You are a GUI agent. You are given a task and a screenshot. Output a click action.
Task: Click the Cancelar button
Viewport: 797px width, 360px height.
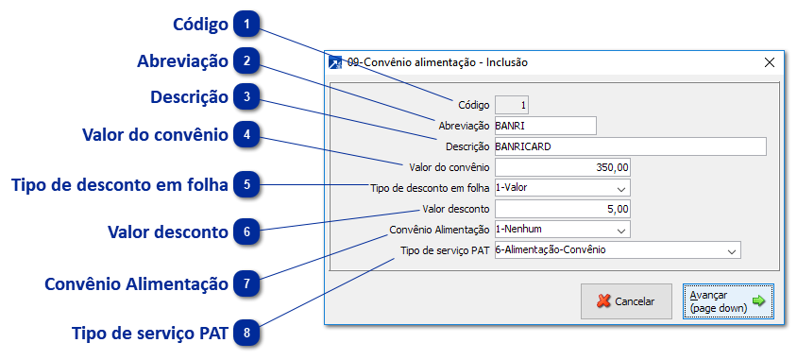coord(626,301)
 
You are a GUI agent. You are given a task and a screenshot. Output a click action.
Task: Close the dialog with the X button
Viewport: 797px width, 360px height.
coord(770,62)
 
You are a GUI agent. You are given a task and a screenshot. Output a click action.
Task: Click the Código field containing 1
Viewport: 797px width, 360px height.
coord(513,105)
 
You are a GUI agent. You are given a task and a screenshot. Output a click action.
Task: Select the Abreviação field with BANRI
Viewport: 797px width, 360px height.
coord(545,126)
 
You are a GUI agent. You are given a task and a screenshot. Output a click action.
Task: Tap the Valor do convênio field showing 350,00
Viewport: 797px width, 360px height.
coord(562,167)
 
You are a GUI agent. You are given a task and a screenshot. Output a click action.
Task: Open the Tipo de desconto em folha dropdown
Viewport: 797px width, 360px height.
coord(562,188)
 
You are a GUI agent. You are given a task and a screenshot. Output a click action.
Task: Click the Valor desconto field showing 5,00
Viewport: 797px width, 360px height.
coord(562,209)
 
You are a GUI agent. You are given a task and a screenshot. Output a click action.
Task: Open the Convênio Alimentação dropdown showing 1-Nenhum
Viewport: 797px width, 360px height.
coord(562,230)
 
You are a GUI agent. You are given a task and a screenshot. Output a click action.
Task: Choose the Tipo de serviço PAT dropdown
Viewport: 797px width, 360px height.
coord(617,250)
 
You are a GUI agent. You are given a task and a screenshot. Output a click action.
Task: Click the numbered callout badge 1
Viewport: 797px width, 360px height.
coord(246,23)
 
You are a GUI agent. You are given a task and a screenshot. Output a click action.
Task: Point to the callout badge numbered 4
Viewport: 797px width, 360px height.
coord(246,135)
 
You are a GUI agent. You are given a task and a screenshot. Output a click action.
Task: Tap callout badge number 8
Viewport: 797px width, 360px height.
coord(246,333)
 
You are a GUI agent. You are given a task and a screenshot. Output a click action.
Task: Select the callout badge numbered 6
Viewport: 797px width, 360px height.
coord(246,231)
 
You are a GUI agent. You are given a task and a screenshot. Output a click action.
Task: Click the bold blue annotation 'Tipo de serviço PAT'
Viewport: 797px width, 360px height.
coord(149,334)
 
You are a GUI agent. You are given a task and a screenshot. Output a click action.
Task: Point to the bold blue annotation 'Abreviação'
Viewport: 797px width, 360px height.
coord(182,61)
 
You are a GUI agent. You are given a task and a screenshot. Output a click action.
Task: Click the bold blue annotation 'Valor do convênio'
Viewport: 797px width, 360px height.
coord(155,135)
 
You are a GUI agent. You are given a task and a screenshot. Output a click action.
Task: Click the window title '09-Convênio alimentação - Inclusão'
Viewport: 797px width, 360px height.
coord(437,62)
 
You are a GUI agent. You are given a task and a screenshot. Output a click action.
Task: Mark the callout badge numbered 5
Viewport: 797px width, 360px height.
coord(246,184)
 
